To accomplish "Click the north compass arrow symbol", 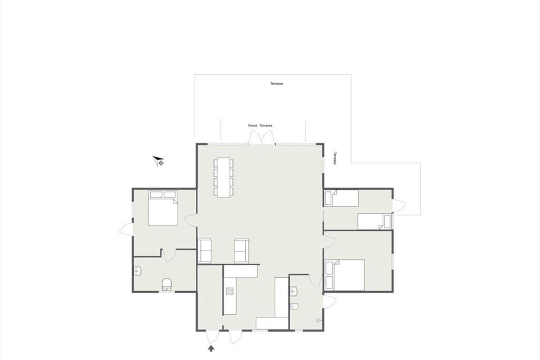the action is [158, 161].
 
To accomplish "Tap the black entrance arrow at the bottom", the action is [211, 348].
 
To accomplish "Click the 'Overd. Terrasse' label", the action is [260, 126].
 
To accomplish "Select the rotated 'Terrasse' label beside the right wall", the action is [335, 158].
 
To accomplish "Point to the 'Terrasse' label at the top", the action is [276, 84].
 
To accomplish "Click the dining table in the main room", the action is [224, 177].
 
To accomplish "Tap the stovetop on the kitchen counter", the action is [229, 291].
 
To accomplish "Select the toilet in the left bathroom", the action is [167, 284].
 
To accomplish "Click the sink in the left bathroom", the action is [138, 271].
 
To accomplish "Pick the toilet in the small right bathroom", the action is [294, 306].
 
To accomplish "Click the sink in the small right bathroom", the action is [294, 291].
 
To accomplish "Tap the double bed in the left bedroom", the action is [163, 208].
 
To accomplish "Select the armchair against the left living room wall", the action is [205, 250].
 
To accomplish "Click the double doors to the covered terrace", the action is [261, 137].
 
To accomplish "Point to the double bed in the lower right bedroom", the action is [344, 275].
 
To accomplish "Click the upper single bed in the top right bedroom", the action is [341, 198].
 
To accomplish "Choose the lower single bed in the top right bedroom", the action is [374, 221].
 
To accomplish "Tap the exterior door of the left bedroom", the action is [126, 229].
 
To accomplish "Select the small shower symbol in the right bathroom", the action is [318, 320].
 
